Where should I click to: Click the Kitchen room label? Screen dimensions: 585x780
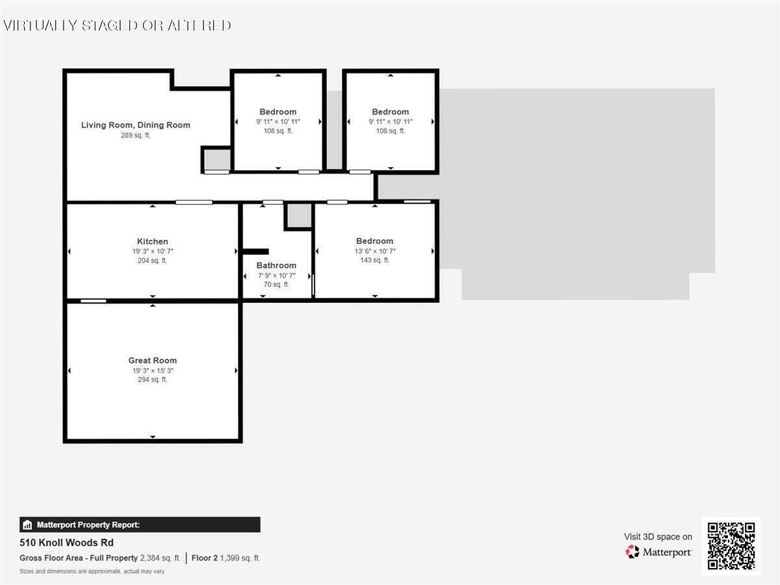pos(153,242)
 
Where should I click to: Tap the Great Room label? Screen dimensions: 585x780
pos(153,361)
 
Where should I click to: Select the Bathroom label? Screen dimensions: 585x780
pos(276,265)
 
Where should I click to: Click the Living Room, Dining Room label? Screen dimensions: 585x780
pos(136,125)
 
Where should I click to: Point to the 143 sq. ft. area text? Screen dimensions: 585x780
pos(375,260)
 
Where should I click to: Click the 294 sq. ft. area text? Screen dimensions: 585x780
pos(153,380)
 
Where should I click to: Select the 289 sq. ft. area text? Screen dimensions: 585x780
pos(136,135)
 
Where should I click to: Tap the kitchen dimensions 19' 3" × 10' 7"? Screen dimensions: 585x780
pos(153,251)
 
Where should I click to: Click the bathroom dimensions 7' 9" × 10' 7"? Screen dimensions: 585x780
pos(276,275)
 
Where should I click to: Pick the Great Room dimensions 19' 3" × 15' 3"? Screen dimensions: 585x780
pos(153,370)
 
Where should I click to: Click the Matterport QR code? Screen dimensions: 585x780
pos(731,546)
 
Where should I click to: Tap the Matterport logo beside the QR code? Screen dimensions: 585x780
pos(658,552)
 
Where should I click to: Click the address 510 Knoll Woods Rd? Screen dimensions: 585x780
pos(58,543)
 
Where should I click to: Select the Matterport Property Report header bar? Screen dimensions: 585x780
pos(140,525)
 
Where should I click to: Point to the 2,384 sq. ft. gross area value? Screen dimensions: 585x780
pos(160,558)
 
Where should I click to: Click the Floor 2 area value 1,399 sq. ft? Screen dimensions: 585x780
pos(240,558)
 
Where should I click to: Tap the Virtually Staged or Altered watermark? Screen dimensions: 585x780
pos(117,25)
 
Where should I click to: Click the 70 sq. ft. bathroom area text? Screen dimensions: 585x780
pos(276,284)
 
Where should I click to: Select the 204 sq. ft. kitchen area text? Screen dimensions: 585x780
pos(153,261)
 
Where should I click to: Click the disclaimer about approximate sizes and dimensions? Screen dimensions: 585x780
pos(92,571)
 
